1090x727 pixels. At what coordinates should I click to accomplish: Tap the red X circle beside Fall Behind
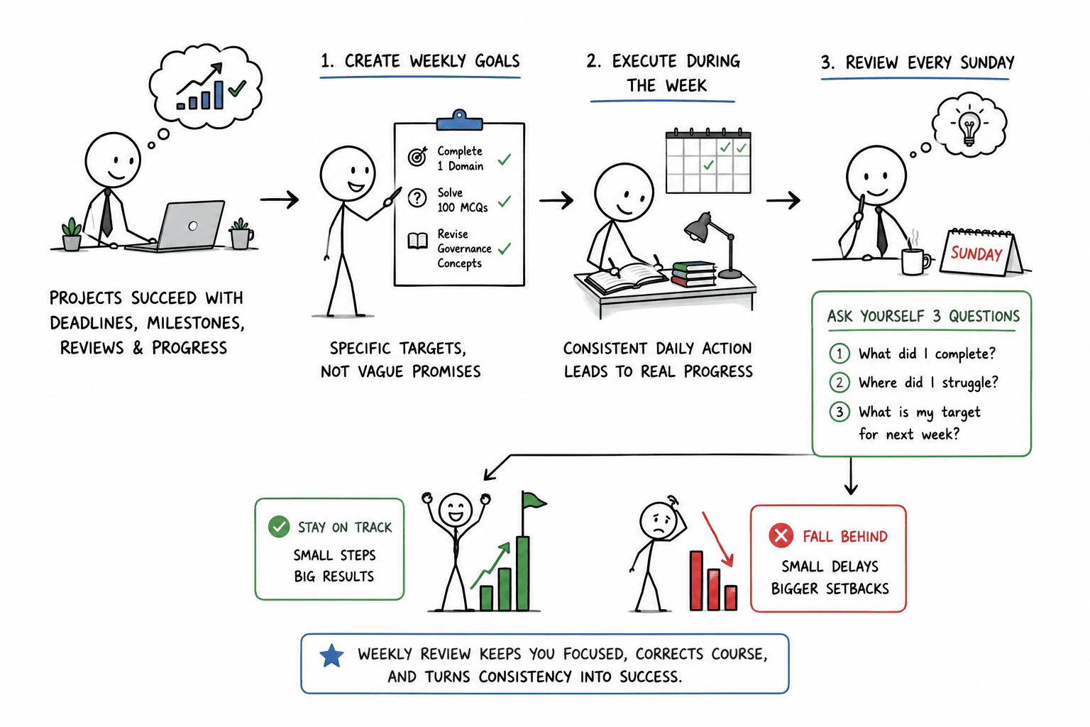click(781, 535)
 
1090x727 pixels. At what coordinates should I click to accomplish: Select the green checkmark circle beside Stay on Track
click(279, 526)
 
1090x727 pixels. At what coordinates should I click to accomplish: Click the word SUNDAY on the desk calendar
click(976, 253)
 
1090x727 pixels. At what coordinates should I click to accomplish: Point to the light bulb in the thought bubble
click(969, 128)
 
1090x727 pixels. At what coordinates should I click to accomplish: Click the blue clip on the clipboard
click(459, 120)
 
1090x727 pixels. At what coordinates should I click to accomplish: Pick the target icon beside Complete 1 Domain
click(417, 156)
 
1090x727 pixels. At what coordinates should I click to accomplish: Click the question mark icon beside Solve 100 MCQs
click(417, 198)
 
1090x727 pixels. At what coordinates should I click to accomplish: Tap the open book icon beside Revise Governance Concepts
click(417, 241)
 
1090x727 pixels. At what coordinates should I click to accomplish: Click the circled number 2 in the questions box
click(839, 382)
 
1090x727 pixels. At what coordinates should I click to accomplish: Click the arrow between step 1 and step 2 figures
click(556, 199)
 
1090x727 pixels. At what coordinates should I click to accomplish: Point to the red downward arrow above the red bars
click(717, 539)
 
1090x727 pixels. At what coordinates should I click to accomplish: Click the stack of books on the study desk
click(694, 274)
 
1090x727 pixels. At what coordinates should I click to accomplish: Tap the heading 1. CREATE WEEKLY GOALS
click(420, 61)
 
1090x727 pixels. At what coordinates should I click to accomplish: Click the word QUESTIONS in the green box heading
click(984, 317)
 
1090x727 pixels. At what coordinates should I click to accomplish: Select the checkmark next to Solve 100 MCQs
click(505, 201)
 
